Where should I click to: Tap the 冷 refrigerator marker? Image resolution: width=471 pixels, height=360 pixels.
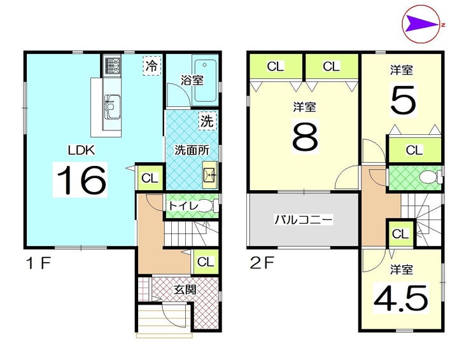point(152,66)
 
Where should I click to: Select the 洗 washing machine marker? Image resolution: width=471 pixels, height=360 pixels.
point(207,121)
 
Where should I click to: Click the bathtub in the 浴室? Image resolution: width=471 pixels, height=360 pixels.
point(205,81)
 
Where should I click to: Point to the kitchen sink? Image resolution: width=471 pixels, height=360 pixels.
point(113,107)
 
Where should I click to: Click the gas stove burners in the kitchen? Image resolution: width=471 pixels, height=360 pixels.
point(113,66)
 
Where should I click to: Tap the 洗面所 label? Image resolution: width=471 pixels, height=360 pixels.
point(192,150)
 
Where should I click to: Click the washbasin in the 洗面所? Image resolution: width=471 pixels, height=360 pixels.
point(209,174)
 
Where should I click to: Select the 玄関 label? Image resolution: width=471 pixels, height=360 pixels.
point(186,290)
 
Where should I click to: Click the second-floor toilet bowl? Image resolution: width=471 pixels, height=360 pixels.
point(430,177)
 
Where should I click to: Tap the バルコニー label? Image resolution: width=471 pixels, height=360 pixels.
point(304,220)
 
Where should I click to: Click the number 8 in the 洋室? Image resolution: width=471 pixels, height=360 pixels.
point(305,136)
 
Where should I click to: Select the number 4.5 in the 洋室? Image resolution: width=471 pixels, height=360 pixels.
point(400,299)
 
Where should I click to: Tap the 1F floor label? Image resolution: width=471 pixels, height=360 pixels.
point(38,264)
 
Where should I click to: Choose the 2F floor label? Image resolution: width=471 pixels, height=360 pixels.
point(262,263)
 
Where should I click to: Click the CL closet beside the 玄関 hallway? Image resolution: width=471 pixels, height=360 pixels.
point(206,262)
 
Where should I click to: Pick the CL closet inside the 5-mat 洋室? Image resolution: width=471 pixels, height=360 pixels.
point(414,149)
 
